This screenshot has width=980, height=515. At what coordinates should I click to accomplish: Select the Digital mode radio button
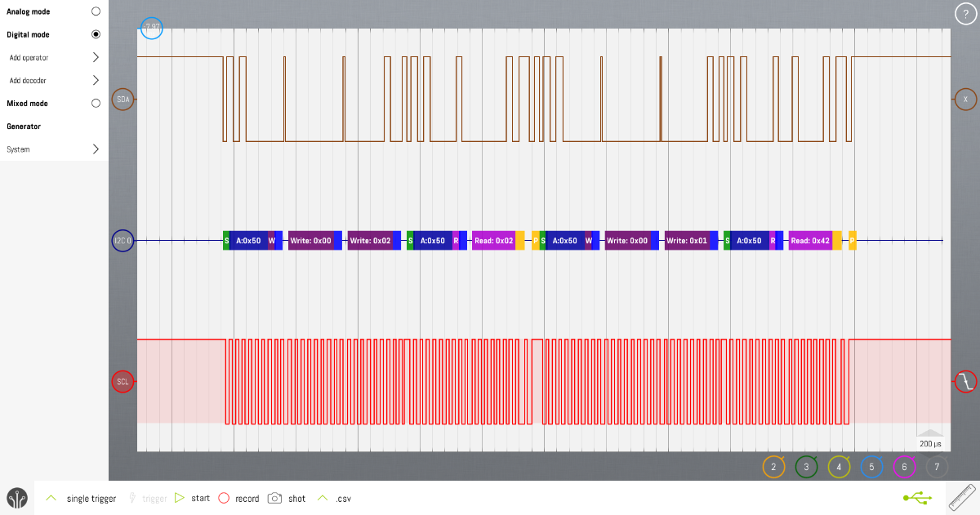(96, 35)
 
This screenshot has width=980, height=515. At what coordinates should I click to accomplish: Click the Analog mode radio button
(96, 12)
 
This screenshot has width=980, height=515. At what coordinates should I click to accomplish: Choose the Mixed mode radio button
(96, 104)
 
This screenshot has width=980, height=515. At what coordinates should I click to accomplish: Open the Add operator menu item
(53, 58)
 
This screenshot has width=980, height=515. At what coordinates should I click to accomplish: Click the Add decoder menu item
(53, 81)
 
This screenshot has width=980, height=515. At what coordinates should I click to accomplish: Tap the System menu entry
(53, 149)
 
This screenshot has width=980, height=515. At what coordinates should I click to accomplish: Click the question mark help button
(966, 14)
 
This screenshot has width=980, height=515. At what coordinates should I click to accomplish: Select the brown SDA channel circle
(123, 100)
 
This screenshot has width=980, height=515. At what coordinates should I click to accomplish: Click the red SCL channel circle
(122, 381)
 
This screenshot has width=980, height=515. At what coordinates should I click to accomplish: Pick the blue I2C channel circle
(122, 241)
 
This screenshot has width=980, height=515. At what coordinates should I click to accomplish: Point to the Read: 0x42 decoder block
(810, 241)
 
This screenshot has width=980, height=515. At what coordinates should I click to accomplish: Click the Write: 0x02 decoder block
(370, 241)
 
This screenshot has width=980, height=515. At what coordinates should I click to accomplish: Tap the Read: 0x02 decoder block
(493, 241)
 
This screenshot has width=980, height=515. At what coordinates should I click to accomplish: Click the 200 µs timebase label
(930, 444)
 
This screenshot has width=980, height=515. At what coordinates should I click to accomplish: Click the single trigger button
(82, 499)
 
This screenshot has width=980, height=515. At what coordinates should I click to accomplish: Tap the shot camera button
(287, 499)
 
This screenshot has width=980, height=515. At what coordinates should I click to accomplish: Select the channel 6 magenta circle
(904, 468)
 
